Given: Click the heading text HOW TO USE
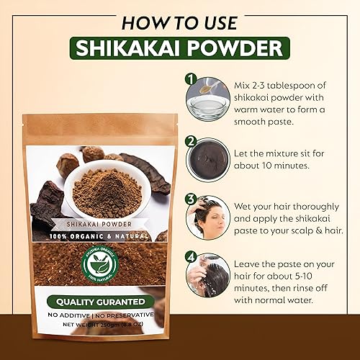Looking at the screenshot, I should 180,20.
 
